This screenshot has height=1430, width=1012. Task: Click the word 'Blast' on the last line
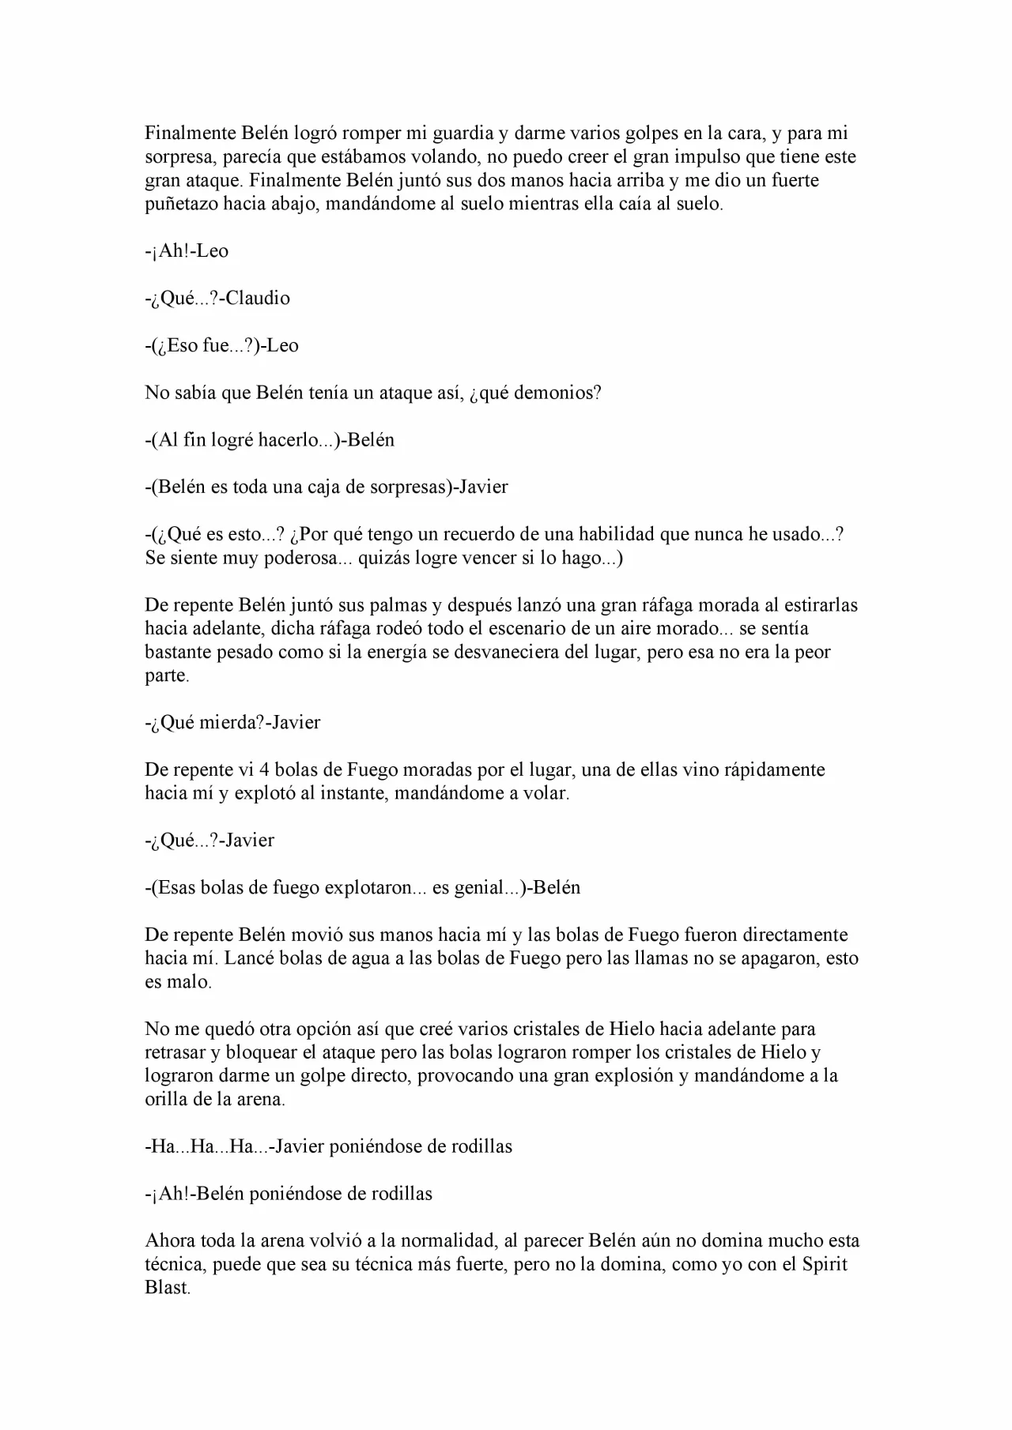pos(167,1288)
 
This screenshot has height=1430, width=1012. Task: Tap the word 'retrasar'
pos(176,1052)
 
